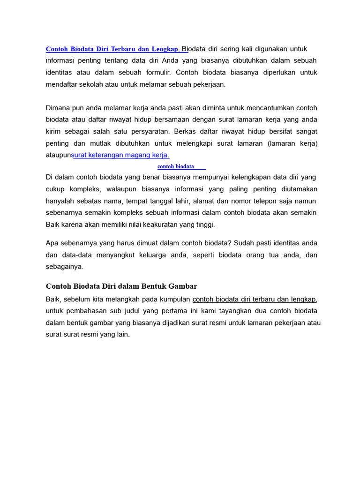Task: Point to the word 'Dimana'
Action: click(57, 107)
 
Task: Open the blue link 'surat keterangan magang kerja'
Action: click(121, 155)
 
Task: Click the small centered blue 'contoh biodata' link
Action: click(176, 166)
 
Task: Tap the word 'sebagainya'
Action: click(65, 266)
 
